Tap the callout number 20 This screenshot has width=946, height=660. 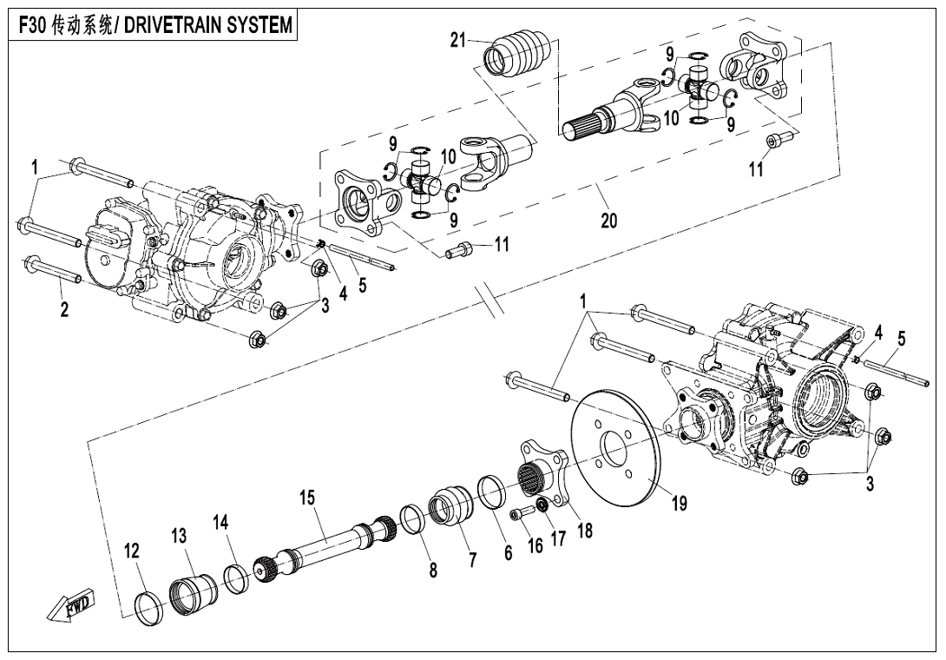pyautogui.click(x=608, y=221)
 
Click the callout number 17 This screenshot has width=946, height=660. pyautogui.click(x=558, y=538)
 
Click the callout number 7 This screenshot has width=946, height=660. pyautogui.click(x=472, y=560)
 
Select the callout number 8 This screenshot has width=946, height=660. pyautogui.click(x=432, y=570)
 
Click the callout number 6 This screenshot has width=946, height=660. pyautogui.click(x=509, y=552)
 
